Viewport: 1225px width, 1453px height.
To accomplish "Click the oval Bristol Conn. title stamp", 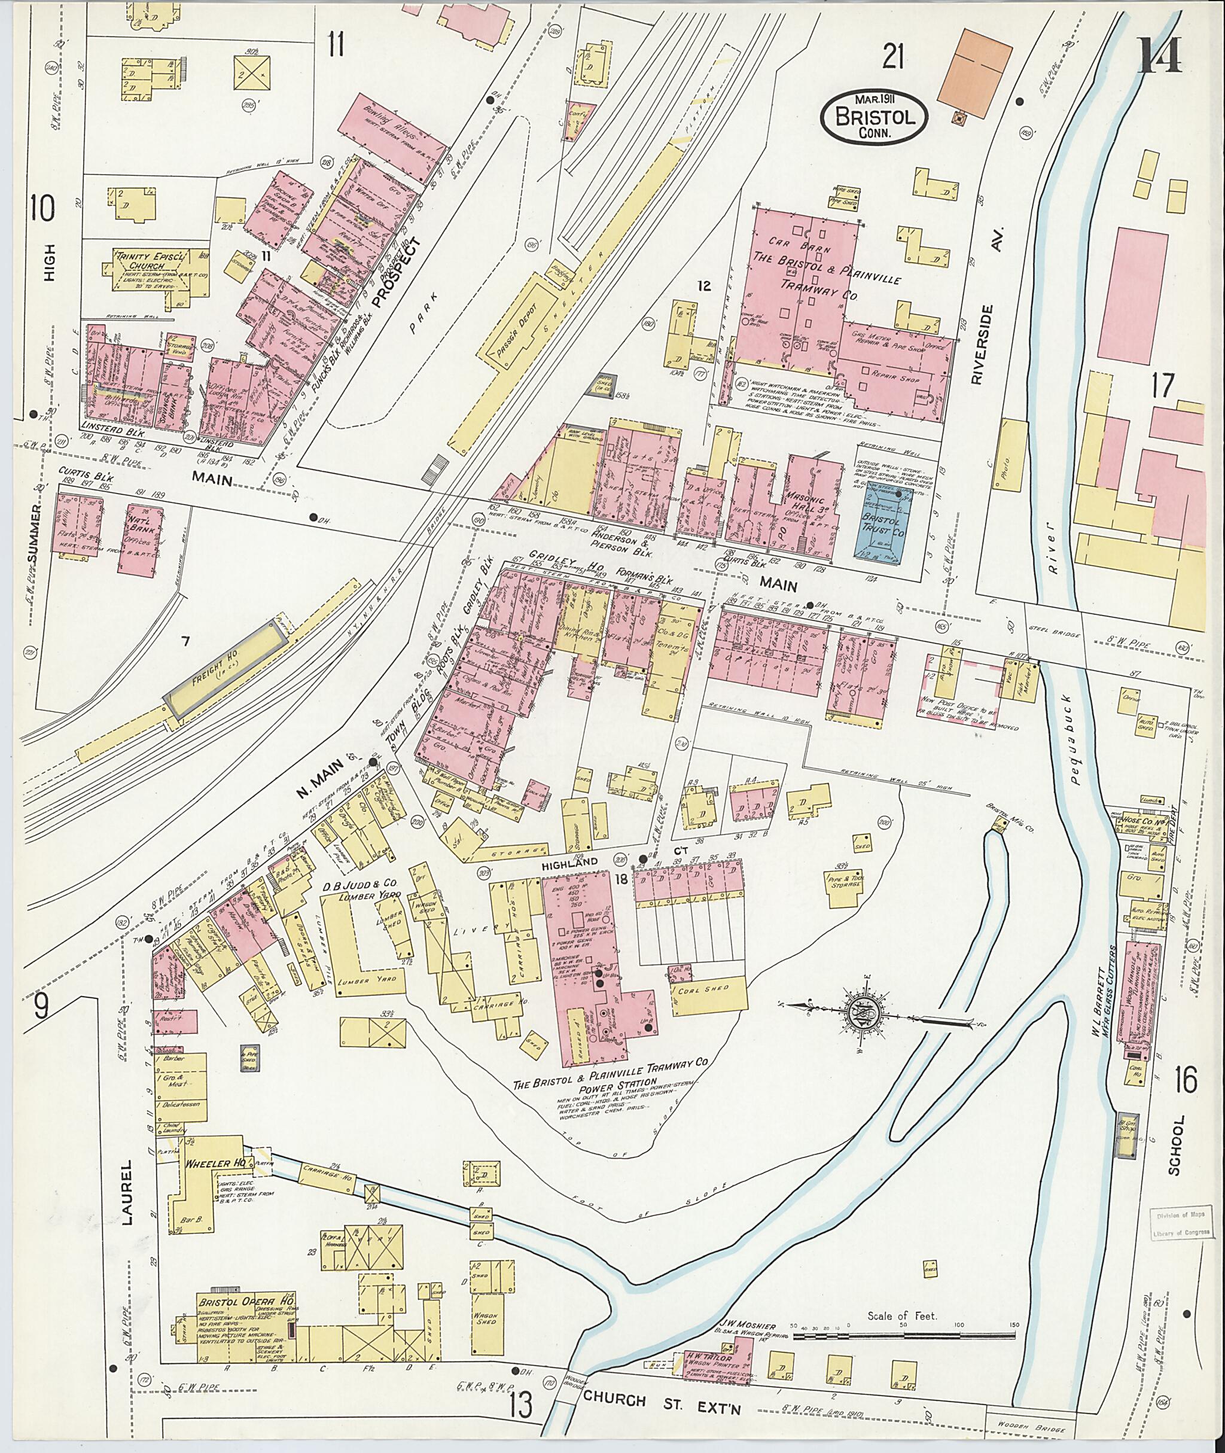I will point(874,117).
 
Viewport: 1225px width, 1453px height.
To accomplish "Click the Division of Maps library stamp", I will point(1180,1223).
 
